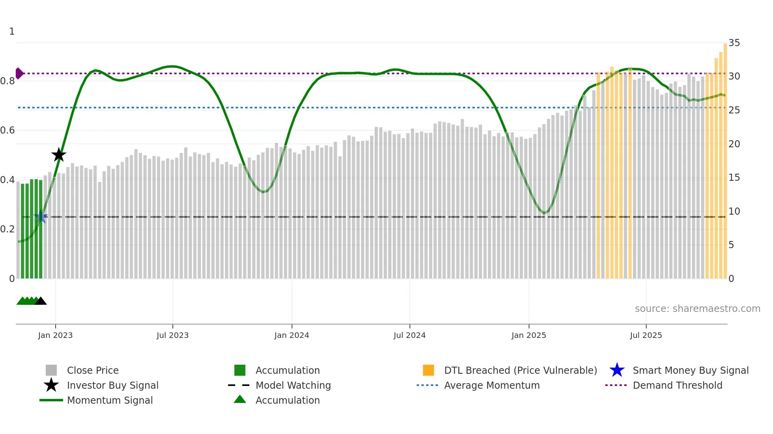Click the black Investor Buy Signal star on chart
[x=59, y=155]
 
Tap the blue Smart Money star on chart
[x=41, y=217]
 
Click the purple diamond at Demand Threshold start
[x=19, y=73]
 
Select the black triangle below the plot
[x=41, y=301]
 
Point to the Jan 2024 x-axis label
[x=291, y=335]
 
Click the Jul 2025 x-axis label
[x=646, y=335]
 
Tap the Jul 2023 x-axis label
[x=172, y=335]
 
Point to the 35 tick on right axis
[x=734, y=43]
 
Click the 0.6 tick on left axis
[x=7, y=130]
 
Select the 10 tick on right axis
[x=734, y=211]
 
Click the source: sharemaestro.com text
[x=697, y=308]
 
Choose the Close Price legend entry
[x=93, y=370]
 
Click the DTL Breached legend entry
[x=520, y=370]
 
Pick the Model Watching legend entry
[x=293, y=385]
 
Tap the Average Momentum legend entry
[x=492, y=385]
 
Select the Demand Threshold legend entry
[x=677, y=385]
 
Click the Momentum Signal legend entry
[x=110, y=400]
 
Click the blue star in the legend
[x=617, y=370]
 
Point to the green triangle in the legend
[x=240, y=399]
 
